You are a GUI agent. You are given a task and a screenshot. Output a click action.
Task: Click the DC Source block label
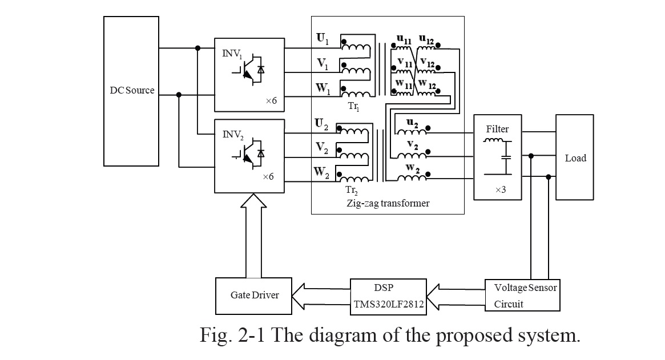pyautogui.click(x=132, y=90)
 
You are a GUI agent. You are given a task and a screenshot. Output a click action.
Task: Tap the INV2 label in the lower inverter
pyautogui.click(x=232, y=135)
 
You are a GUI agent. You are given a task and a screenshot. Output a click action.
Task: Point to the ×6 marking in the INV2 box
pyautogui.click(x=268, y=177)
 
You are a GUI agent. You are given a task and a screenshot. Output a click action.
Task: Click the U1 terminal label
pyautogui.click(x=323, y=39)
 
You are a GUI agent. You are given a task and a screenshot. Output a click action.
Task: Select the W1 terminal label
pyautogui.click(x=323, y=89)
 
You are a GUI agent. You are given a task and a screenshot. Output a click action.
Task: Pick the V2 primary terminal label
pyautogui.click(x=322, y=147)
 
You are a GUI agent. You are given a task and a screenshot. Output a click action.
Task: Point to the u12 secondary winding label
pyautogui.click(x=426, y=40)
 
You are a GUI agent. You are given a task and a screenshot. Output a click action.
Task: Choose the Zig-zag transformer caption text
pyautogui.click(x=387, y=203)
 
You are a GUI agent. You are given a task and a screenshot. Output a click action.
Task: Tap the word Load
pyautogui.click(x=575, y=158)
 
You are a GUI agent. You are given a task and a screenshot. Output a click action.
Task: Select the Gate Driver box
pyautogui.click(x=255, y=296)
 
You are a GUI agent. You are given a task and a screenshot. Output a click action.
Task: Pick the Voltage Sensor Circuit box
pyautogui.click(x=521, y=296)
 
